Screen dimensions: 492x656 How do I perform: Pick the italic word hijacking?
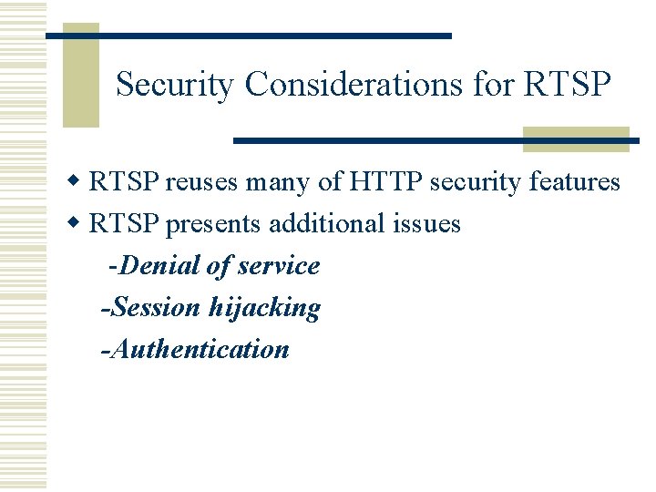pyautogui.click(x=264, y=308)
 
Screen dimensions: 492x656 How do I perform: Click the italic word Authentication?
pyautogui.click(x=199, y=349)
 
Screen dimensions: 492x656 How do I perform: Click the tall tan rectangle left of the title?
pyautogui.click(x=80, y=75)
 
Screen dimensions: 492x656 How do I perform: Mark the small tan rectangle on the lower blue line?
pyautogui.click(x=576, y=139)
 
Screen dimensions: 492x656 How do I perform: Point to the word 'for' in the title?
pyautogui.click(x=494, y=85)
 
